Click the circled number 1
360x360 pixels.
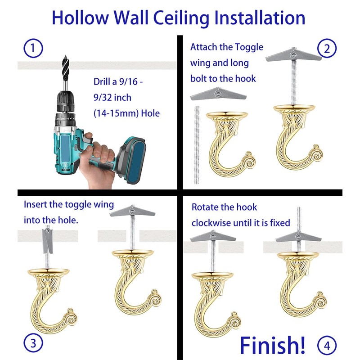(33, 48)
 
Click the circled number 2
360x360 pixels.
(327, 48)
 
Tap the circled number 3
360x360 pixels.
(33, 343)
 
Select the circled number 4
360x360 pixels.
(327, 346)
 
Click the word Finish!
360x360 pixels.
(272, 344)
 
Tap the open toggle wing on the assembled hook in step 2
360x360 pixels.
(292, 56)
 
